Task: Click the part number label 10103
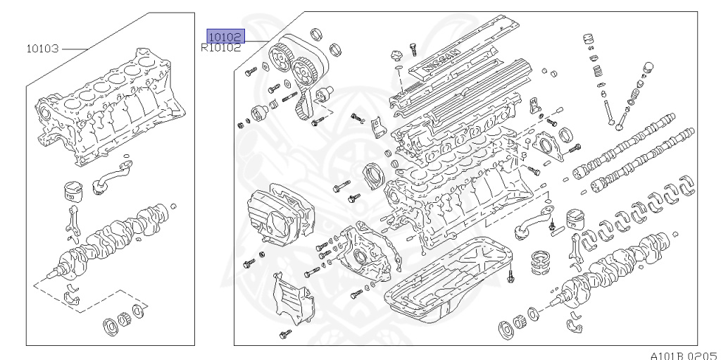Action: pyautogui.click(x=42, y=49)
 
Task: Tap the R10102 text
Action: pyautogui.click(x=220, y=49)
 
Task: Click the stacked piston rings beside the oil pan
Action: pyautogui.click(x=541, y=259)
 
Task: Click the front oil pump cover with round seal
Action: pyautogui.click(x=363, y=256)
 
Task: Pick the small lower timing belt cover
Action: pyautogui.click(x=289, y=299)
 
